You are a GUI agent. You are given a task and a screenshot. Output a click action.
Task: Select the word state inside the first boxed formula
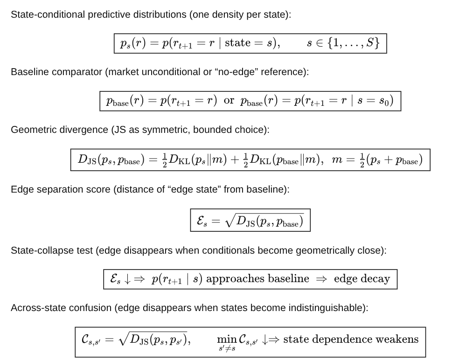[x=237, y=43]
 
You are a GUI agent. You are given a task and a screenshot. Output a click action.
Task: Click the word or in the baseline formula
[x=229, y=101]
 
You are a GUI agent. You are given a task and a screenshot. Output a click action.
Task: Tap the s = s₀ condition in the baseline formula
[x=376, y=101]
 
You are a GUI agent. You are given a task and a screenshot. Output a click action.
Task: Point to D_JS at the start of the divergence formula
[x=87, y=160]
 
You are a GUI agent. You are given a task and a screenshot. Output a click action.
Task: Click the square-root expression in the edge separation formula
[x=264, y=221]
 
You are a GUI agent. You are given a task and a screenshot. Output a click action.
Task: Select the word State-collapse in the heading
[x=39, y=250]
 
